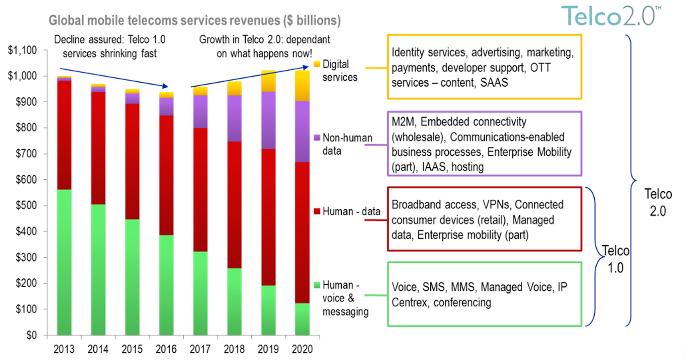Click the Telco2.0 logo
tap(611, 16)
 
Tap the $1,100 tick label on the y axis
tap(22, 50)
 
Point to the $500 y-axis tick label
tap(26, 205)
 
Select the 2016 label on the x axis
tap(166, 349)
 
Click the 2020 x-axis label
tap(302, 349)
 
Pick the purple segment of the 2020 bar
tap(302, 131)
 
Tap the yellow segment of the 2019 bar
tap(268, 81)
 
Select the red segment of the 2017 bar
tap(200, 190)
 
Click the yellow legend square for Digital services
tap(317, 64)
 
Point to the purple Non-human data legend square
tap(317, 138)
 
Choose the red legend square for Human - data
tap(317, 211)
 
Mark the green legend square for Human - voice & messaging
tap(317, 285)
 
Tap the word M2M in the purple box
tap(403, 122)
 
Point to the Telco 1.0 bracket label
tap(616, 259)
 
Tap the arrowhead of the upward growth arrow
tap(306, 67)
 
